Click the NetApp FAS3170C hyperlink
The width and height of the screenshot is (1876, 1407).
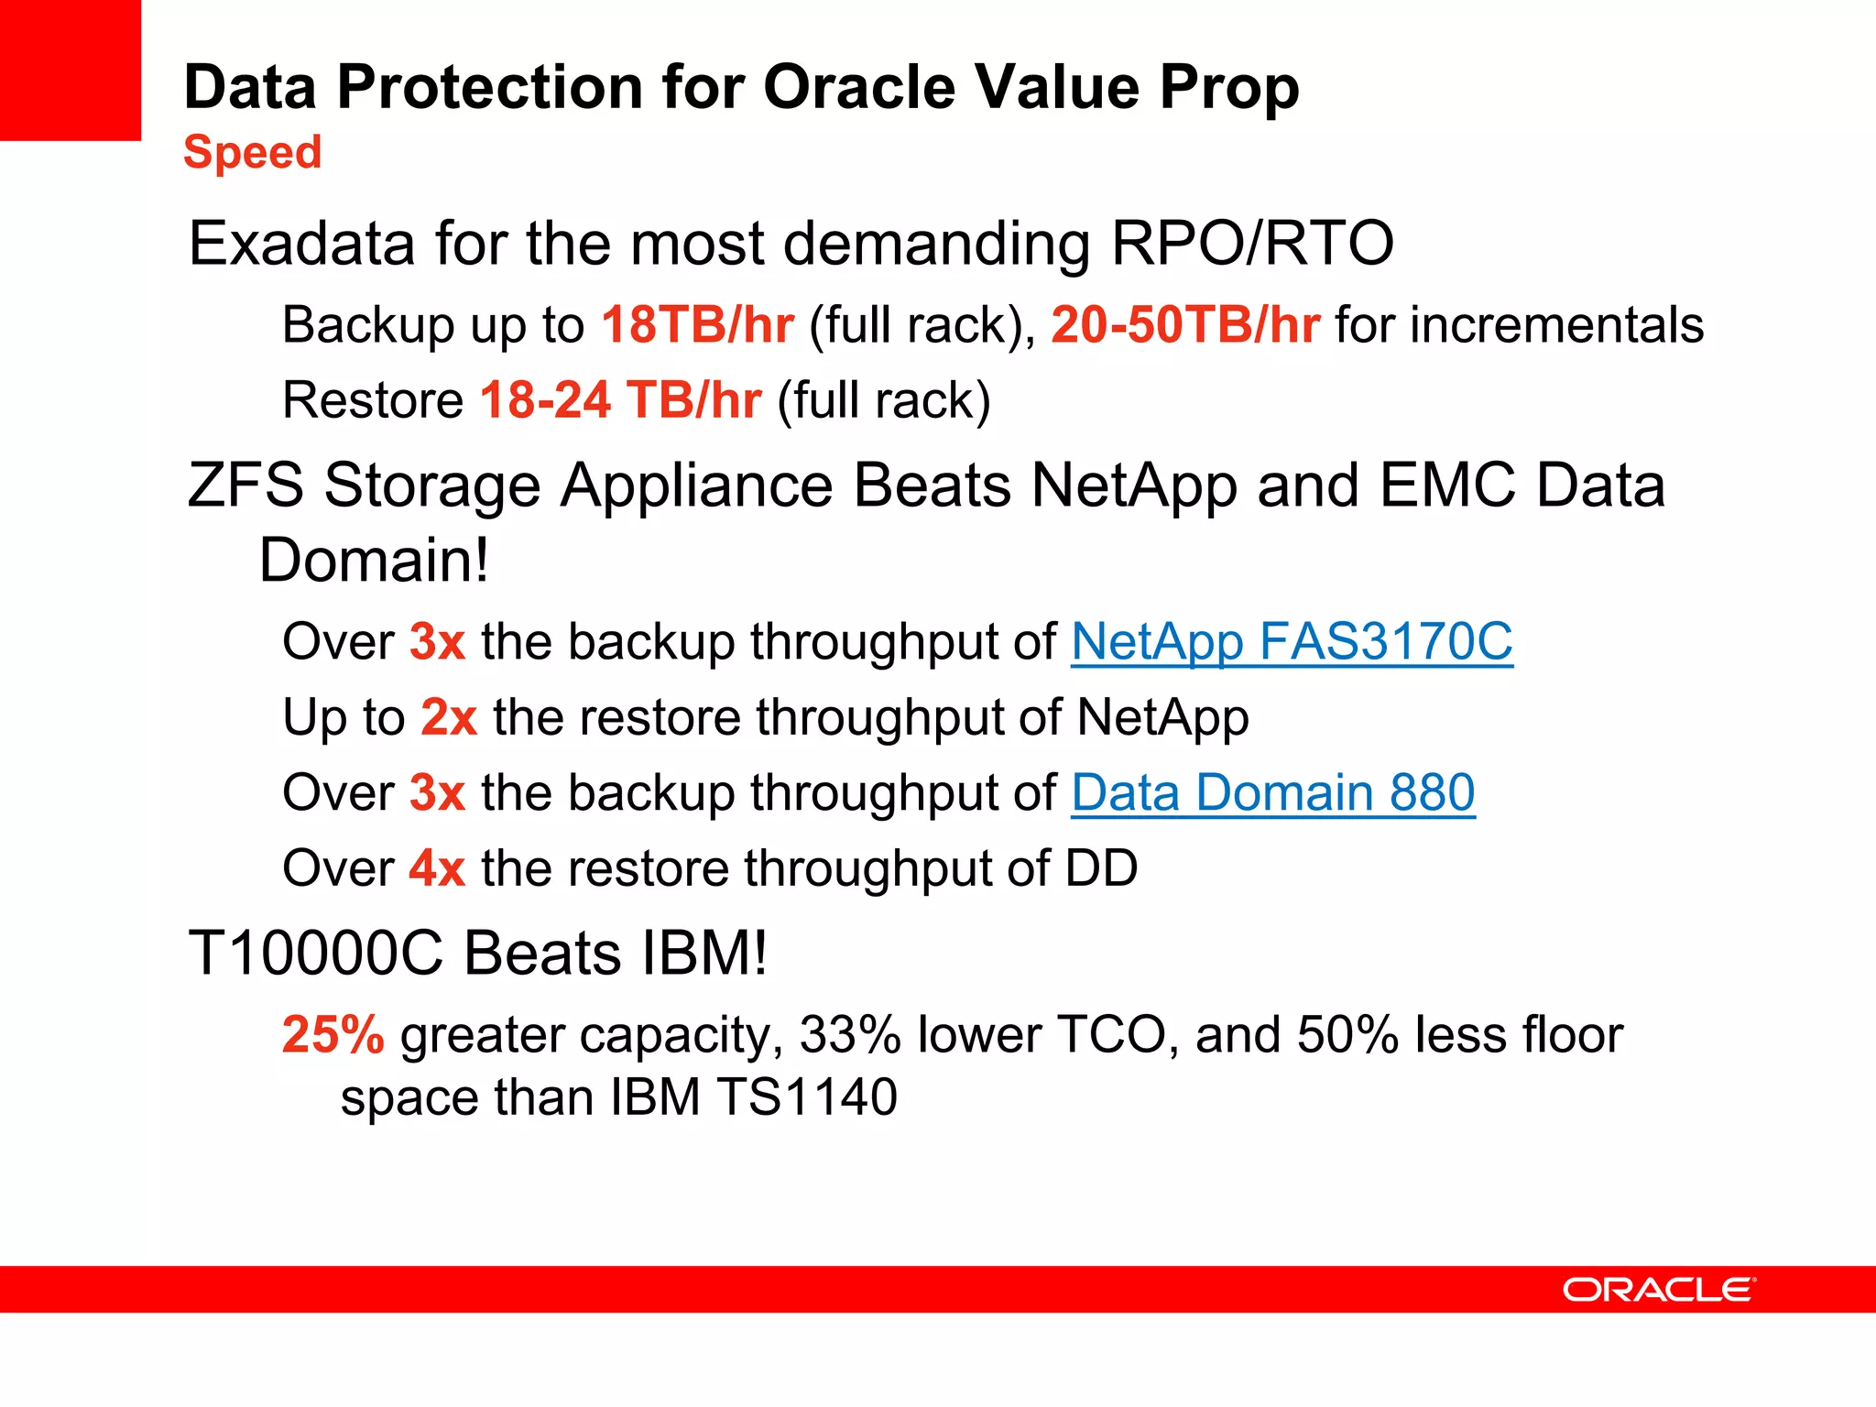click(x=1292, y=641)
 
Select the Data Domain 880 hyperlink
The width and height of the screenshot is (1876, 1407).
click(x=1273, y=792)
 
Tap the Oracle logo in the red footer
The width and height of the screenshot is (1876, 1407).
click(x=1659, y=1290)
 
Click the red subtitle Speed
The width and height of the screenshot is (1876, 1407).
click(x=252, y=152)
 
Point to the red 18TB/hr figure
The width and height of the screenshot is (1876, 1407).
click(x=697, y=325)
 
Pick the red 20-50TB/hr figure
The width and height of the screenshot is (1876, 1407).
click(x=1185, y=325)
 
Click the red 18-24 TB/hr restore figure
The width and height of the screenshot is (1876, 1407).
click(x=620, y=400)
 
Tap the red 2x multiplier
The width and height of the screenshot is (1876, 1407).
click(x=449, y=717)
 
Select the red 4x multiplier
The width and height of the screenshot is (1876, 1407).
click(x=437, y=868)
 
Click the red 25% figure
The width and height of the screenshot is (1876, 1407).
click(x=333, y=1035)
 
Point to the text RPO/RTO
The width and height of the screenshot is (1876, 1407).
click(x=1252, y=244)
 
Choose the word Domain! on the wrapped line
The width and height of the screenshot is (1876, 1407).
click(x=374, y=561)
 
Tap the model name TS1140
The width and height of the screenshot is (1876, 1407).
click(x=807, y=1097)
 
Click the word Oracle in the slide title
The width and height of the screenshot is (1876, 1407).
click(x=859, y=88)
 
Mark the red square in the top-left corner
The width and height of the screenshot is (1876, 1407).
click(x=70, y=70)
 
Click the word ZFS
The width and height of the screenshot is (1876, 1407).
click(x=245, y=485)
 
